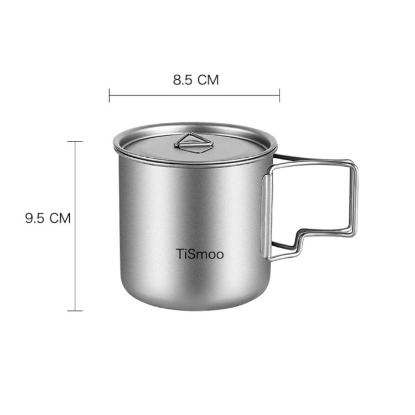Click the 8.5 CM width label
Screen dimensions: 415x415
click(196, 80)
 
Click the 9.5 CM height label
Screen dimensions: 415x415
click(48, 218)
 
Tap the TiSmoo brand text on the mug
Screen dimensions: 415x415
click(200, 255)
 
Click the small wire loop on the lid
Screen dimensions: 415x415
click(194, 143)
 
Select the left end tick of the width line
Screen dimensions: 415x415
click(110, 95)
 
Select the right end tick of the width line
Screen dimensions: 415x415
click(279, 95)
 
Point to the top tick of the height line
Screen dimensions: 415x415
click(75, 142)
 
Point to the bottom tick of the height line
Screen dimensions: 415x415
click(75, 310)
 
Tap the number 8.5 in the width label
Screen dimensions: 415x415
click(182, 80)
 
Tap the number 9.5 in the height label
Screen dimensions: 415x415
click(34, 218)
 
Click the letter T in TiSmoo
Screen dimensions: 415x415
click(180, 255)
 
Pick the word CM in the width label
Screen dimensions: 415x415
click(208, 80)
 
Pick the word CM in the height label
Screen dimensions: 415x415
click(60, 218)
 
